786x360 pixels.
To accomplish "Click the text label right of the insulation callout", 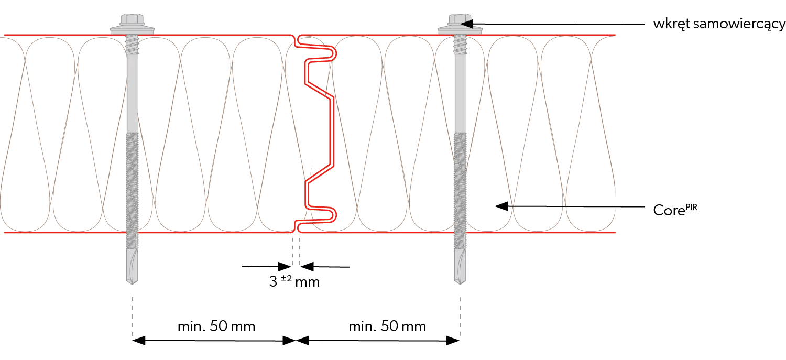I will pos(675,209).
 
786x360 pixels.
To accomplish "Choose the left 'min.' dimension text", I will pos(216,326).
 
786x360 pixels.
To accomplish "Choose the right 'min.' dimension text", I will pos(388,326).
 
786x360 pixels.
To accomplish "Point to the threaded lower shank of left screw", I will pos(133,183).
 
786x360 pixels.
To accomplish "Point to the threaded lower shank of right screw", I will pos(460,183).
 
